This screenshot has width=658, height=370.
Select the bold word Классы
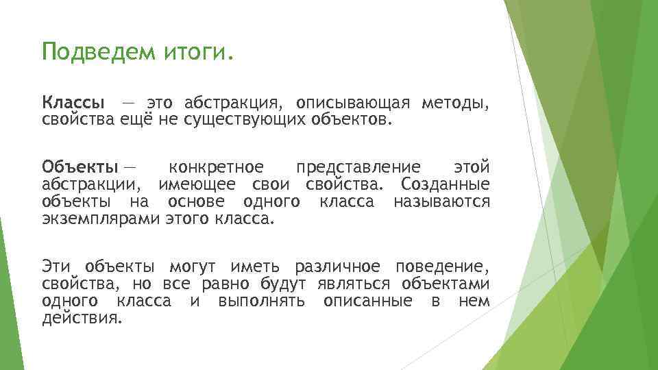(x=74, y=103)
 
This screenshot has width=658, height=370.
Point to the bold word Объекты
(x=80, y=167)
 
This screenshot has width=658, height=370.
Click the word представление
(x=358, y=167)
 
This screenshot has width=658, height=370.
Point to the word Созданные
(x=446, y=184)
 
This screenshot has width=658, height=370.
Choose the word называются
(x=441, y=202)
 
